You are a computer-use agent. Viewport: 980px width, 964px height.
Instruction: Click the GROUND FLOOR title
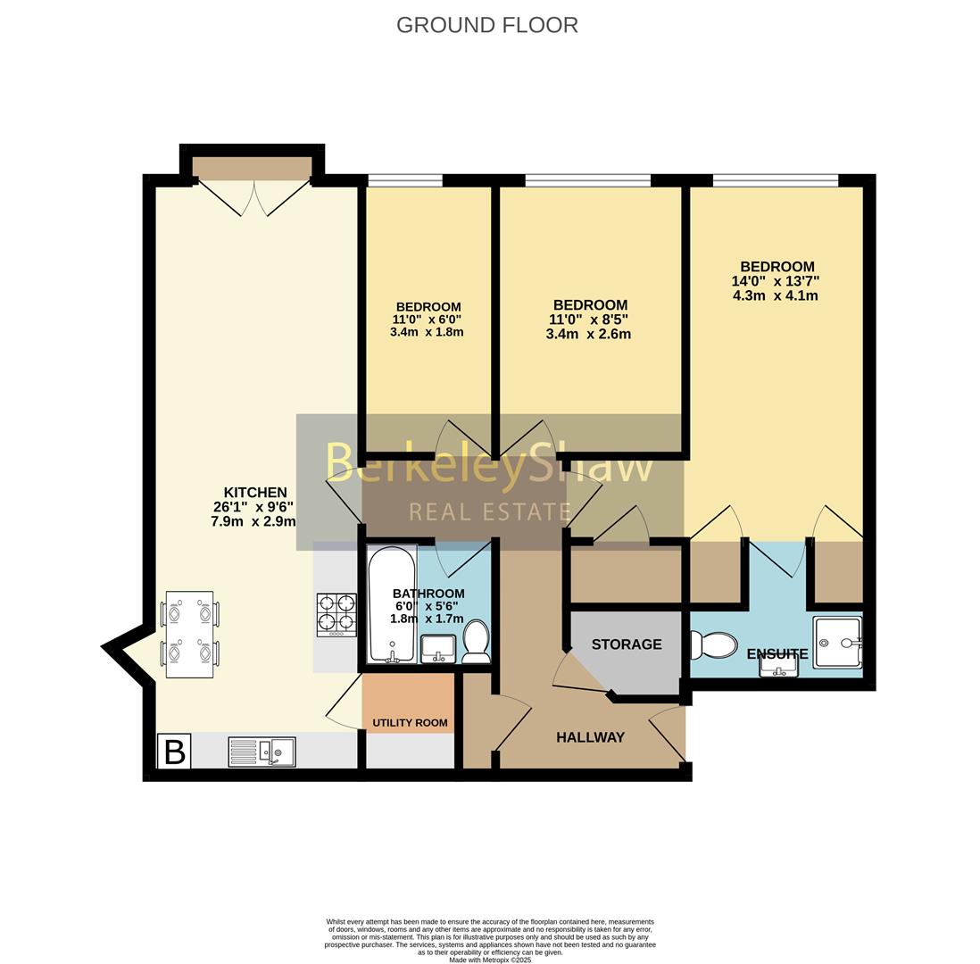click(x=486, y=25)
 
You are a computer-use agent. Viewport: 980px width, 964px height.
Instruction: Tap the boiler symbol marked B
click(x=174, y=751)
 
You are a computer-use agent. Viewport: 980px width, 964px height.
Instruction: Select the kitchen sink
click(x=262, y=750)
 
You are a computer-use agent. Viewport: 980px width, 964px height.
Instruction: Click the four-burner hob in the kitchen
click(x=336, y=615)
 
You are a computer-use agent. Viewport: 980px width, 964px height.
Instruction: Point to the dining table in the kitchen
click(x=189, y=634)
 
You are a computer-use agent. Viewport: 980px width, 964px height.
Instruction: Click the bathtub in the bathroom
click(x=392, y=605)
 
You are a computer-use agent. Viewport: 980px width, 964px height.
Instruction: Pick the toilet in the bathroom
click(x=477, y=642)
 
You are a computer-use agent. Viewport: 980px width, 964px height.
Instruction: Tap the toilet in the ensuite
click(x=713, y=644)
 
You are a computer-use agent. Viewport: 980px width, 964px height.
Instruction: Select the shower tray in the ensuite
click(x=837, y=642)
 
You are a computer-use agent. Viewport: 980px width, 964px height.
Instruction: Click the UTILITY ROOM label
click(x=410, y=723)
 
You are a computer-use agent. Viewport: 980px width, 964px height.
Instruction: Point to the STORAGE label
click(x=627, y=644)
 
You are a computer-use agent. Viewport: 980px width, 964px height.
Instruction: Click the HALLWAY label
click(x=591, y=737)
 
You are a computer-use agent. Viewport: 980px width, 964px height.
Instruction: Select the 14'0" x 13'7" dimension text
click(x=776, y=281)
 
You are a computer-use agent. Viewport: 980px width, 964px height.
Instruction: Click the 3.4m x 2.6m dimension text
click(x=588, y=335)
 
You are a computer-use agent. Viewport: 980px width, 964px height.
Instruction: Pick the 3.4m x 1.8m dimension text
click(x=427, y=332)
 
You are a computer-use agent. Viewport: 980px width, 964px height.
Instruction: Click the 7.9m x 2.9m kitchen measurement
click(x=253, y=520)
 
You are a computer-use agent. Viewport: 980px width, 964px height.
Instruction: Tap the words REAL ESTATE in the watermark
click(x=491, y=512)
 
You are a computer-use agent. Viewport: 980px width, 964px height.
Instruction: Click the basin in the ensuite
click(x=779, y=668)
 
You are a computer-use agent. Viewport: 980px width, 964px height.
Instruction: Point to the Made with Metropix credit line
click(x=490, y=960)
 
